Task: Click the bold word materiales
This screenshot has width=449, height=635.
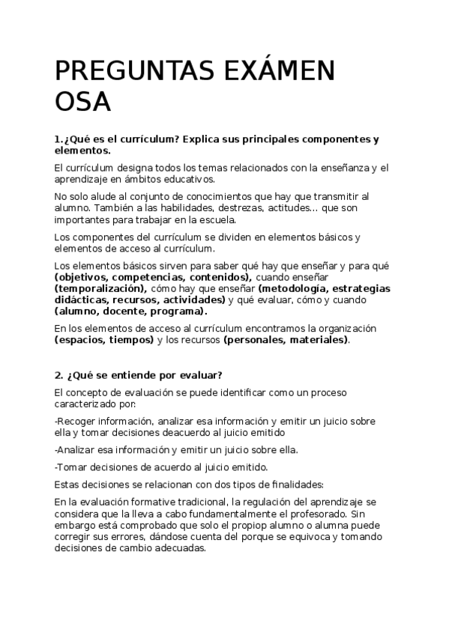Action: [319, 340]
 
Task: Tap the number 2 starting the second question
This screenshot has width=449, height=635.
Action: [58, 375]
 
